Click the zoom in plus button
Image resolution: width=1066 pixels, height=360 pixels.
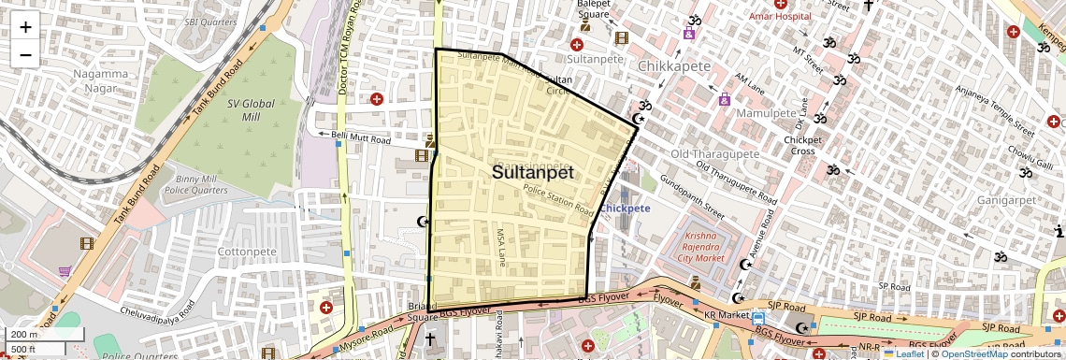[25, 27]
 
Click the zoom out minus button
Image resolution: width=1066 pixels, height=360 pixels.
[25, 54]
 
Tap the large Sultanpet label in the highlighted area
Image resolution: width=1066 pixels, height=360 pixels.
[532, 173]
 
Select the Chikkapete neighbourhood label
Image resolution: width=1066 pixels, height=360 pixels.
[675, 66]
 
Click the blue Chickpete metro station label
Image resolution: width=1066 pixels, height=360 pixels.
[626, 209]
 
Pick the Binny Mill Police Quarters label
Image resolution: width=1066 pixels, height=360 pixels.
[196, 184]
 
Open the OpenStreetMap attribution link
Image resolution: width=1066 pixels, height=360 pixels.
[973, 354]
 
